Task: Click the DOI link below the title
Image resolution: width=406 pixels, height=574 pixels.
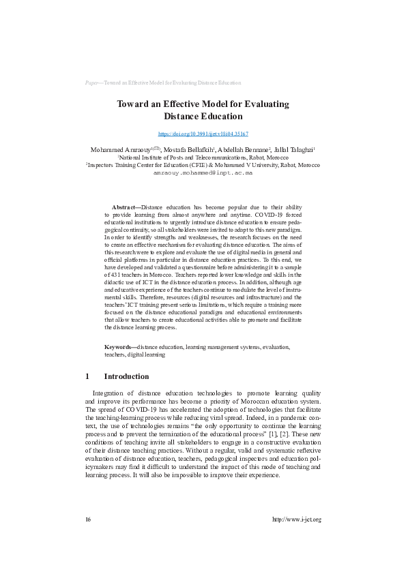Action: (203, 134)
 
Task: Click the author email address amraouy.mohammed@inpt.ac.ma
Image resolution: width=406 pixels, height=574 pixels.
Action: (203, 173)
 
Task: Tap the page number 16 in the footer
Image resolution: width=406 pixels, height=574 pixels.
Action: (88, 539)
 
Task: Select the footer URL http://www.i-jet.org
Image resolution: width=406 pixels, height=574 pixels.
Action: (296, 539)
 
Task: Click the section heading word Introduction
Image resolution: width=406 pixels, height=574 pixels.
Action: (126, 376)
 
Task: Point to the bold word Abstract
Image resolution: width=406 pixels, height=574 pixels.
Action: (125, 207)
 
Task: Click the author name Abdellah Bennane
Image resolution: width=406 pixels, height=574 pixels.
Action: (245, 149)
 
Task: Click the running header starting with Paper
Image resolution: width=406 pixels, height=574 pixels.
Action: (163, 82)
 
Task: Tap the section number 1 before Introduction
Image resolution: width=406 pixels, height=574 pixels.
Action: (87, 376)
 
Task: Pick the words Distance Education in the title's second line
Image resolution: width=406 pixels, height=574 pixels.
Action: (203, 117)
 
